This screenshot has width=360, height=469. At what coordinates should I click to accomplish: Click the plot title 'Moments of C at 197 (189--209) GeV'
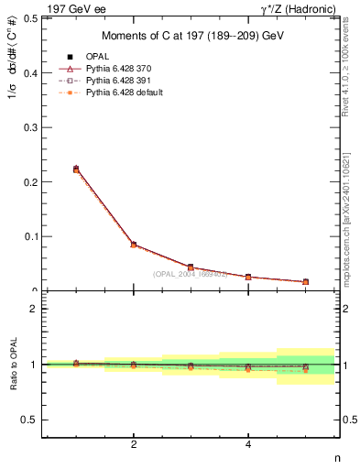tap(191, 36)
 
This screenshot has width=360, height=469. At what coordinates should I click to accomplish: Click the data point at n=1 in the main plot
tap(76, 169)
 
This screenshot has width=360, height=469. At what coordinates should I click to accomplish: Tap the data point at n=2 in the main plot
tap(134, 245)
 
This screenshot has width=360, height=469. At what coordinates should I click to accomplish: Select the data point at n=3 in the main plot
tap(191, 267)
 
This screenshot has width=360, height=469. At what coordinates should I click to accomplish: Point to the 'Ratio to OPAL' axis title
tap(12, 365)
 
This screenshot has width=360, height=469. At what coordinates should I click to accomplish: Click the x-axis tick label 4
tap(248, 445)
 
